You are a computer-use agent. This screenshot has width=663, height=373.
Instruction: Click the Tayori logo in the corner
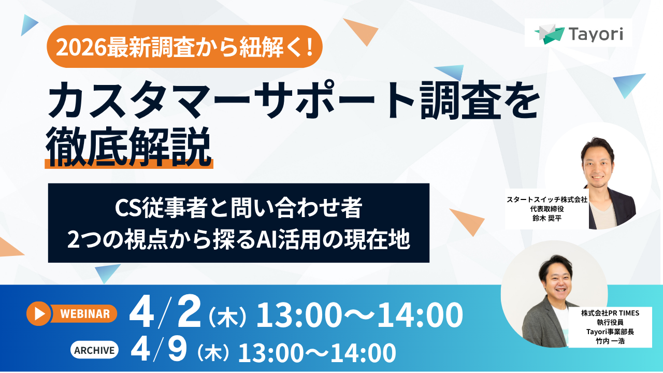579,34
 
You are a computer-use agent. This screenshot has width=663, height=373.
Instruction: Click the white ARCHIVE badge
94,350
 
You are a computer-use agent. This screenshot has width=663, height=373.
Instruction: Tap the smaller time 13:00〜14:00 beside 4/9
317,353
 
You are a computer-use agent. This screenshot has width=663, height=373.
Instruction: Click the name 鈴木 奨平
546,219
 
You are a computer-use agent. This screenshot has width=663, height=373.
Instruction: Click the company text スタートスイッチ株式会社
546,199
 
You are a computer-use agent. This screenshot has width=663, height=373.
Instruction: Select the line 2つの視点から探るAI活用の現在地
238,240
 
